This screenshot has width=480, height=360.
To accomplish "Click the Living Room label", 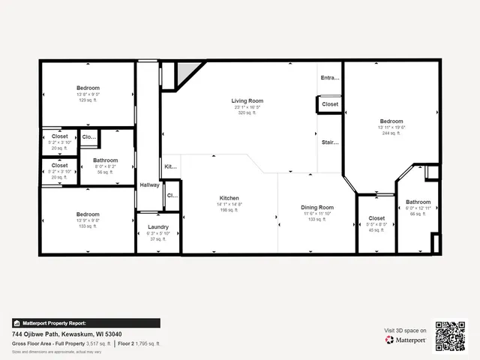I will click(247, 100).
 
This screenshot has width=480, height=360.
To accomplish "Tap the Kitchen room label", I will click(229, 197).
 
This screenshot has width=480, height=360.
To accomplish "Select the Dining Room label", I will click(317, 207).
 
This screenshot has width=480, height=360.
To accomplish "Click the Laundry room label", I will click(158, 226).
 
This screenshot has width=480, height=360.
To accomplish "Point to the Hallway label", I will click(148, 185).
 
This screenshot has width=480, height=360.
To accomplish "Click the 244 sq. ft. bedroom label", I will click(391, 121).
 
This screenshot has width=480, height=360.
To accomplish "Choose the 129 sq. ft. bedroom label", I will click(88, 88).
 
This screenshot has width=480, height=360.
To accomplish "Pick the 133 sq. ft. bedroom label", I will click(88, 214).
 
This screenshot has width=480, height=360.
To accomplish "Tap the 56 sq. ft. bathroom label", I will click(105, 160).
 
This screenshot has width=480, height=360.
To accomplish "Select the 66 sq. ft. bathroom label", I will click(418, 202).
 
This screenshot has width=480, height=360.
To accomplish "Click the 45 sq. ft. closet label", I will click(376, 219).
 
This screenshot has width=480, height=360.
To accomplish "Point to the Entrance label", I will click(330, 78).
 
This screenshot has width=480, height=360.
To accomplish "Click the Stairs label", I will click(330, 142).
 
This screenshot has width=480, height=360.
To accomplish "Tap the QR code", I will click(451, 336).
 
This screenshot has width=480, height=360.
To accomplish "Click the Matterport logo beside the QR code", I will click(406, 340).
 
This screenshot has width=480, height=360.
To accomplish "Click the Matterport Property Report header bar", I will click(85, 323).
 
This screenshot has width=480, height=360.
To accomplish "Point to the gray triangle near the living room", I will click(187, 71).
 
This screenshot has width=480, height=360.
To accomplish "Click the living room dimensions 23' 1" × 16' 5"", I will click(247, 107).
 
